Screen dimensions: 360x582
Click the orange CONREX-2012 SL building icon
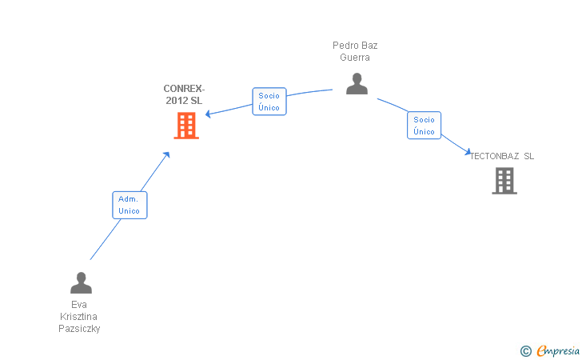185,126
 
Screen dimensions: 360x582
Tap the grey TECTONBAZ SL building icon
504,181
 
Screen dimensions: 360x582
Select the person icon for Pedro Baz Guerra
357,83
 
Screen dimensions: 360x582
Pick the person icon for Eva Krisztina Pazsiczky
81,282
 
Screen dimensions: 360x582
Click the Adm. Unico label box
130,205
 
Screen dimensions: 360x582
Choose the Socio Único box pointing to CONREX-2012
269,102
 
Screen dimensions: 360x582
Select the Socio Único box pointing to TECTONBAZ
424,126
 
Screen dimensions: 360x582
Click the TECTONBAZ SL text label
502,156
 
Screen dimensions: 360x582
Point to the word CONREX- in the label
184,89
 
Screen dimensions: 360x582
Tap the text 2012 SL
184,100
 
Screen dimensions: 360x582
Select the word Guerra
355,58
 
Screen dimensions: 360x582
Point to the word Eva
79,305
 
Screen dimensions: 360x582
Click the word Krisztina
79,317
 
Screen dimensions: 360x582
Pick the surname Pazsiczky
79,329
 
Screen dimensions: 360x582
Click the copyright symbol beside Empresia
525,350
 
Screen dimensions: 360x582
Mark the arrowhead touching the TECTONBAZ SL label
469,151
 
